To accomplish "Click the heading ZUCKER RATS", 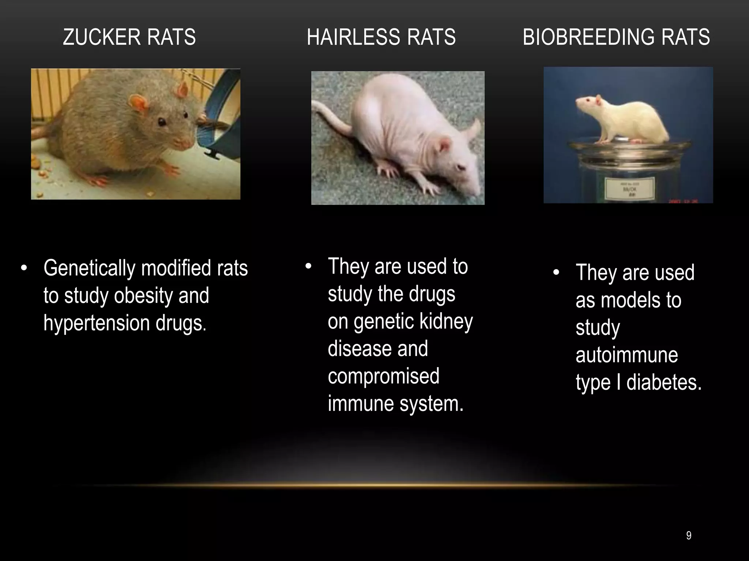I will [x=129, y=37].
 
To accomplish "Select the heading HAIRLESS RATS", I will [x=381, y=37].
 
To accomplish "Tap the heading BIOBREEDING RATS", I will [x=616, y=37].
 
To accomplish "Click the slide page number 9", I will [x=689, y=536].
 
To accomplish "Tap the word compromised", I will [x=383, y=376].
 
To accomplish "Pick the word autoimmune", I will [x=627, y=355].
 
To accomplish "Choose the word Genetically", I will [x=89, y=268].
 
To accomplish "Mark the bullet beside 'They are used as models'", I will [x=556, y=273].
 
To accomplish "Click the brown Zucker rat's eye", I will [x=162, y=122].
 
